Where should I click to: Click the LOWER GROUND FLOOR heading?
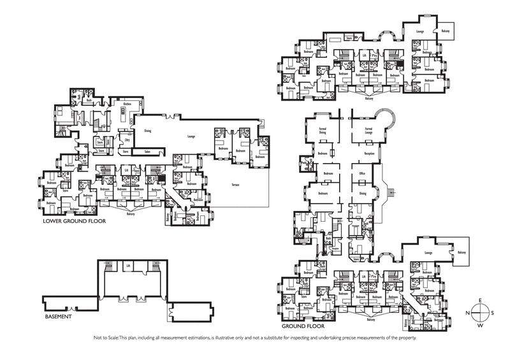[74, 222]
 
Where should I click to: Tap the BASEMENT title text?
[57, 315]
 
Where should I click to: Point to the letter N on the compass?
[468, 312]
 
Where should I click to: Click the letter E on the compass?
[481, 299]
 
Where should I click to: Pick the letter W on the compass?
[481, 325]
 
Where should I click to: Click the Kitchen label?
[127, 103]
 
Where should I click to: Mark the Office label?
[361, 173]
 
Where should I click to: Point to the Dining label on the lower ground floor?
[147, 131]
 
